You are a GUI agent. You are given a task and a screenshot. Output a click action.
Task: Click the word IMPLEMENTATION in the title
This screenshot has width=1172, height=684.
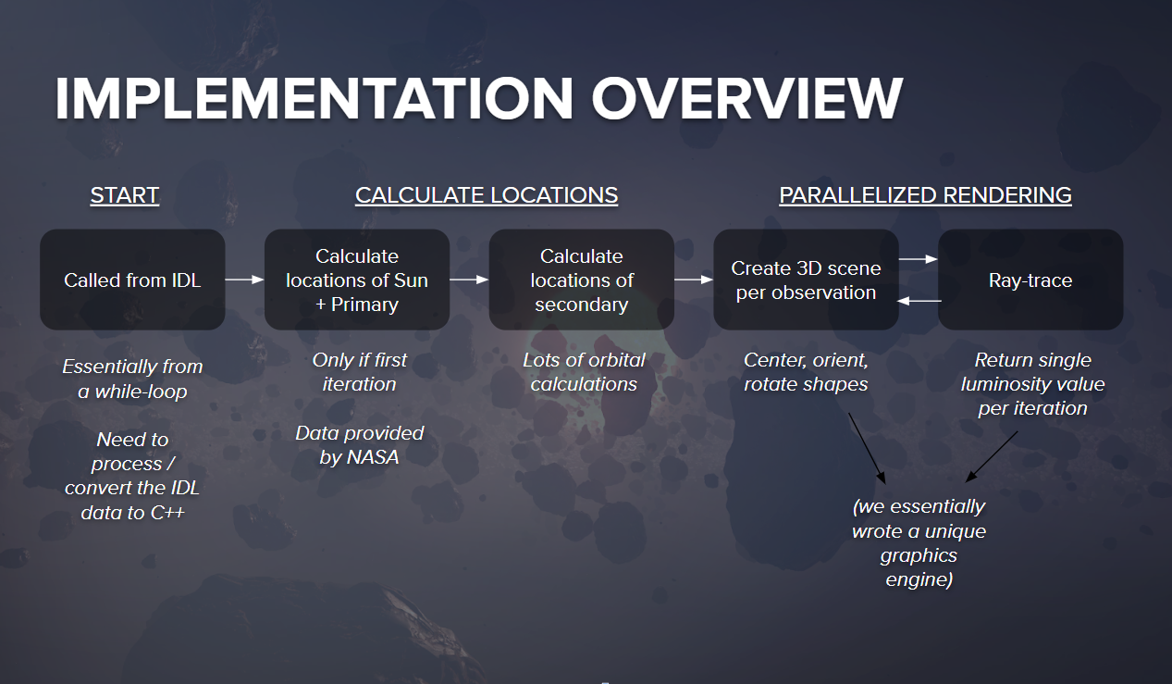tap(314, 98)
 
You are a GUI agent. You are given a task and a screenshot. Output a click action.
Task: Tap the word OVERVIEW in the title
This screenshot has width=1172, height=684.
tap(747, 98)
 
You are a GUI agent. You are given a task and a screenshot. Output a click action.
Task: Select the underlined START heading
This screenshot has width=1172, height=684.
tap(125, 195)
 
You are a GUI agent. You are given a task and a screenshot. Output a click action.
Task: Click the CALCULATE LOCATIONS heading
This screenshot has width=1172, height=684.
tap(487, 195)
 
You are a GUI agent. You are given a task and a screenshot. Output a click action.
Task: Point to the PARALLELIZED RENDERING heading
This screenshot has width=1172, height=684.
tap(925, 195)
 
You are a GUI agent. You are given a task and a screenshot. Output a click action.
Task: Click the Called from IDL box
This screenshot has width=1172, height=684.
tap(132, 280)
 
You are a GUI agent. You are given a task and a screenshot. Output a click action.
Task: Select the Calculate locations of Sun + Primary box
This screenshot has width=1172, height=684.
tap(357, 280)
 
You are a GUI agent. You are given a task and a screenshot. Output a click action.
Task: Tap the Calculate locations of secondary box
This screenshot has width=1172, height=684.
tap(581, 280)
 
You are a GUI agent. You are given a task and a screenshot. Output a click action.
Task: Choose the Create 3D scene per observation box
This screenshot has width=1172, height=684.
tap(806, 280)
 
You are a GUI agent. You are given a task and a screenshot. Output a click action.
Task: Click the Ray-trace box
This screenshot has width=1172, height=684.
tap(1030, 280)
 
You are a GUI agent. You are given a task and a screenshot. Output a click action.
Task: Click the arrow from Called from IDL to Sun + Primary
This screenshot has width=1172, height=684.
tap(245, 280)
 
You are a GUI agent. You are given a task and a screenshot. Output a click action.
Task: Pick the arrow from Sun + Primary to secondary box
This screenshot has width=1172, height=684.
tap(469, 280)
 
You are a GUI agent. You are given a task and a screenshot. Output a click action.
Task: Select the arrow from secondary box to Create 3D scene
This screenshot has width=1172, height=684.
tap(694, 280)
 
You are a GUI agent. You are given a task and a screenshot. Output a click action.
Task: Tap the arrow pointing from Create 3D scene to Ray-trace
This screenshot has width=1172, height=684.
tap(919, 258)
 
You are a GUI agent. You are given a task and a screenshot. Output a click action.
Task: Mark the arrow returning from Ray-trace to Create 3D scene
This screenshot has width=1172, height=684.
tap(919, 301)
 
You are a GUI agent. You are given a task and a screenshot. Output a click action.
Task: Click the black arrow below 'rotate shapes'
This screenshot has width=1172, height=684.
tap(867, 448)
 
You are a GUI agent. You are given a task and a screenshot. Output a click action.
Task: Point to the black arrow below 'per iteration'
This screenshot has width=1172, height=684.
tap(992, 456)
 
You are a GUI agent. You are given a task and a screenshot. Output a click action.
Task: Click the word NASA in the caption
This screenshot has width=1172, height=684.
tap(372, 457)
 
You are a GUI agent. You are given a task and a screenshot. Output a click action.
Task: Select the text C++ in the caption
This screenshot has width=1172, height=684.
tap(167, 513)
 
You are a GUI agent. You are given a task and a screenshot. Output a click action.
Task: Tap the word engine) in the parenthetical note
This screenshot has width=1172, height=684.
tap(919, 579)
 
